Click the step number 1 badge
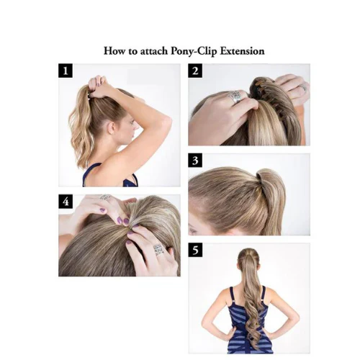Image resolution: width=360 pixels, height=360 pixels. click(x=66, y=71)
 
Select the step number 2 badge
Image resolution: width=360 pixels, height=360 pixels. click(x=195, y=71)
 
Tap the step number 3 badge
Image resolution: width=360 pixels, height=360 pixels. click(x=195, y=160)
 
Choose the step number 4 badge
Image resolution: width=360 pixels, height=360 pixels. click(x=66, y=202)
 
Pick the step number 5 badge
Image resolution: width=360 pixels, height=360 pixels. click(x=195, y=250)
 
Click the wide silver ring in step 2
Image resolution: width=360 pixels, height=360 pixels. click(x=235, y=96)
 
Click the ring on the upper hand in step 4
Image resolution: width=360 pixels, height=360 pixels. click(x=106, y=198)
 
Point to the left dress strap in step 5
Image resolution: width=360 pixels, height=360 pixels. click(x=232, y=295)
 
